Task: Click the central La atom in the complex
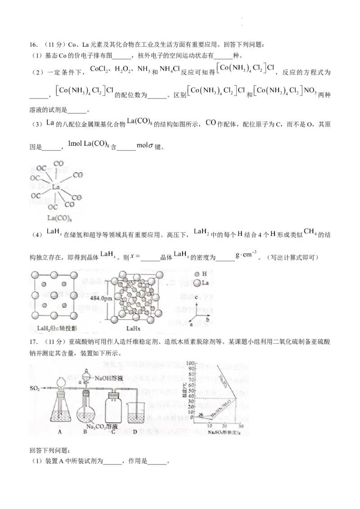pos(56,187)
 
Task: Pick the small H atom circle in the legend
pos(197,274)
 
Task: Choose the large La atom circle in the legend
pos(197,283)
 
